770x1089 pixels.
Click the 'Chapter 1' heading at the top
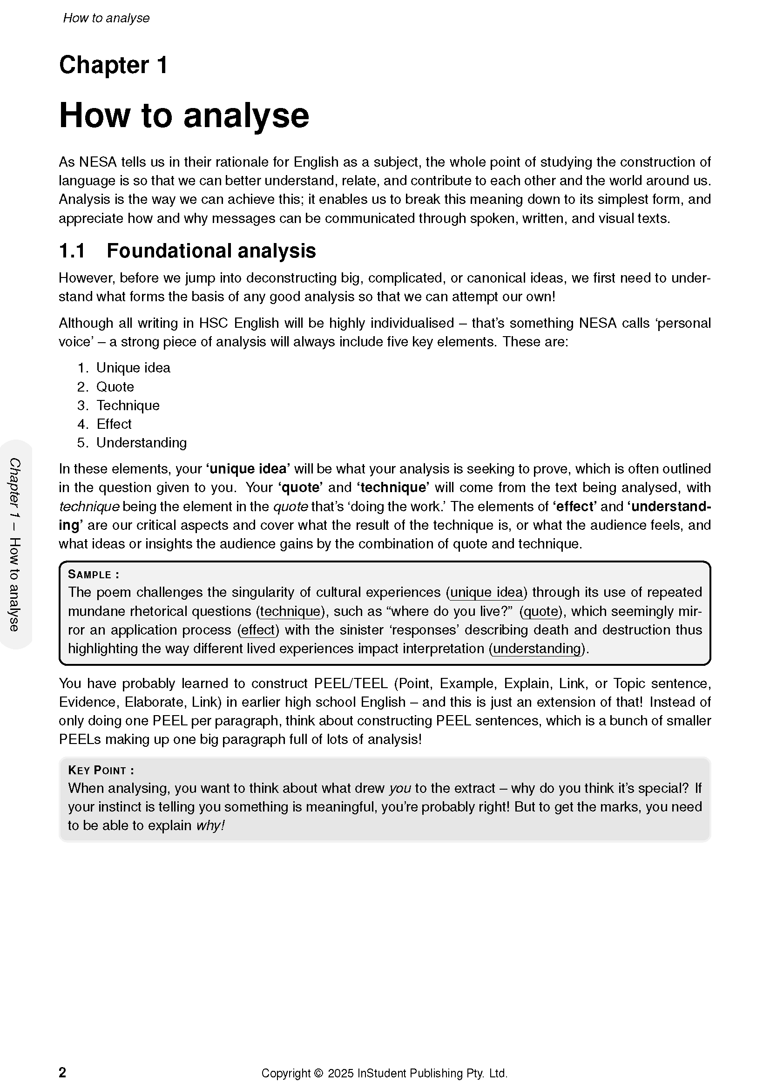113,65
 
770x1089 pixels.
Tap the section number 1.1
72,251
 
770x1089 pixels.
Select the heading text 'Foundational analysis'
211,251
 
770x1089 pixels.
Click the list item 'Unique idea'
133,368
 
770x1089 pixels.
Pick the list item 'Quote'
115,386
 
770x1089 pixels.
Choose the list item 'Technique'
128,405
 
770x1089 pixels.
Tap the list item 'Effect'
114,424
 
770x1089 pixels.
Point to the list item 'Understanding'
142,442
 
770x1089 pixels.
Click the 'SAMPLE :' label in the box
94,575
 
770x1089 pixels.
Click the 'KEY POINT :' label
101,770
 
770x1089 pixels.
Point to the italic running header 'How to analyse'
106,18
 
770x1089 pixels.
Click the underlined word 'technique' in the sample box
290,611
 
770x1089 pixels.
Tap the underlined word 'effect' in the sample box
258,630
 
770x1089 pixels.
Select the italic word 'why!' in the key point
210,825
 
